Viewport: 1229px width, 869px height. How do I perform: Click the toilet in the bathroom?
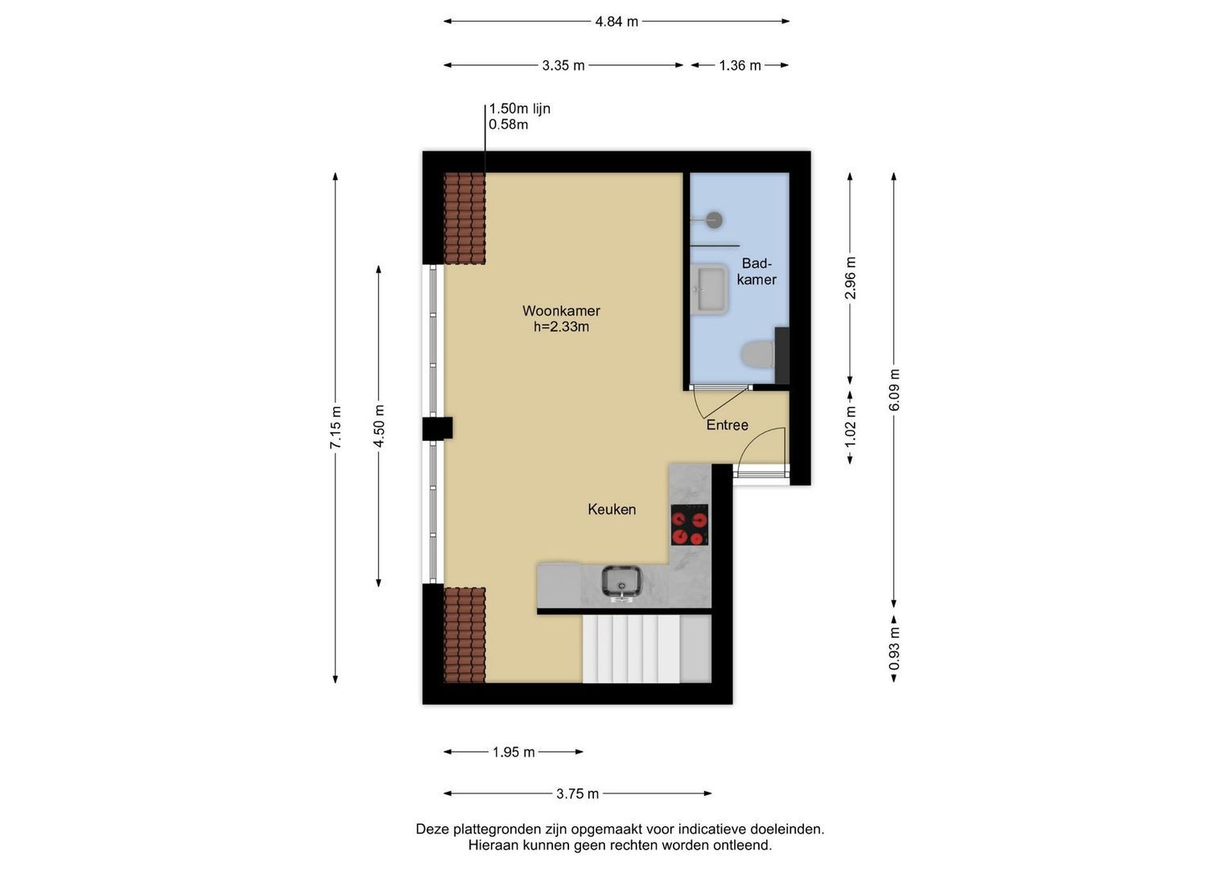coord(758,354)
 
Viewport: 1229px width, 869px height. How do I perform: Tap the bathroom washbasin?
coord(709,289)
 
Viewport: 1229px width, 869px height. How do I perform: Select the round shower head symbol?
coord(714,220)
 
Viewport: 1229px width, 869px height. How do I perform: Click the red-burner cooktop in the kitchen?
coord(689,525)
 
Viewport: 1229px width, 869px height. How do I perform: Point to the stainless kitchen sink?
coord(621,582)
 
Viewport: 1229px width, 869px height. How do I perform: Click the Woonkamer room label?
coord(561,311)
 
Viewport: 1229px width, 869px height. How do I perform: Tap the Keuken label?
coord(612,509)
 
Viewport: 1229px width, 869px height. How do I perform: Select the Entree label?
coord(727,425)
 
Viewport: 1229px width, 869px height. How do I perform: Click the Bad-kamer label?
coord(757,272)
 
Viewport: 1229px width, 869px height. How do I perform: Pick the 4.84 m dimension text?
coord(617,22)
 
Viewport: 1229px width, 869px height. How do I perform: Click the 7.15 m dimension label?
coord(336,427)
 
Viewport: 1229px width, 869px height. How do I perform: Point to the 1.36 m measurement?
coord(740,66)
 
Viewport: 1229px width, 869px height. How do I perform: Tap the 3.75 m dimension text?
coord(577,794)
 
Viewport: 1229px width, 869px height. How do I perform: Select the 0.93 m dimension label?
coord(893,649)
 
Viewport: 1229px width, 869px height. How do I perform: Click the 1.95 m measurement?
coord(513,752)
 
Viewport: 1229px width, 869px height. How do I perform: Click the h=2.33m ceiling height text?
coord(561,327)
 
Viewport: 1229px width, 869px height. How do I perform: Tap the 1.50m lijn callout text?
coord(520,109)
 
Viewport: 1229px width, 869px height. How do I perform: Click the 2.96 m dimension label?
coord(850,278)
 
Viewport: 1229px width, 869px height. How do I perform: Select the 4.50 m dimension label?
coord(379,426)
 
